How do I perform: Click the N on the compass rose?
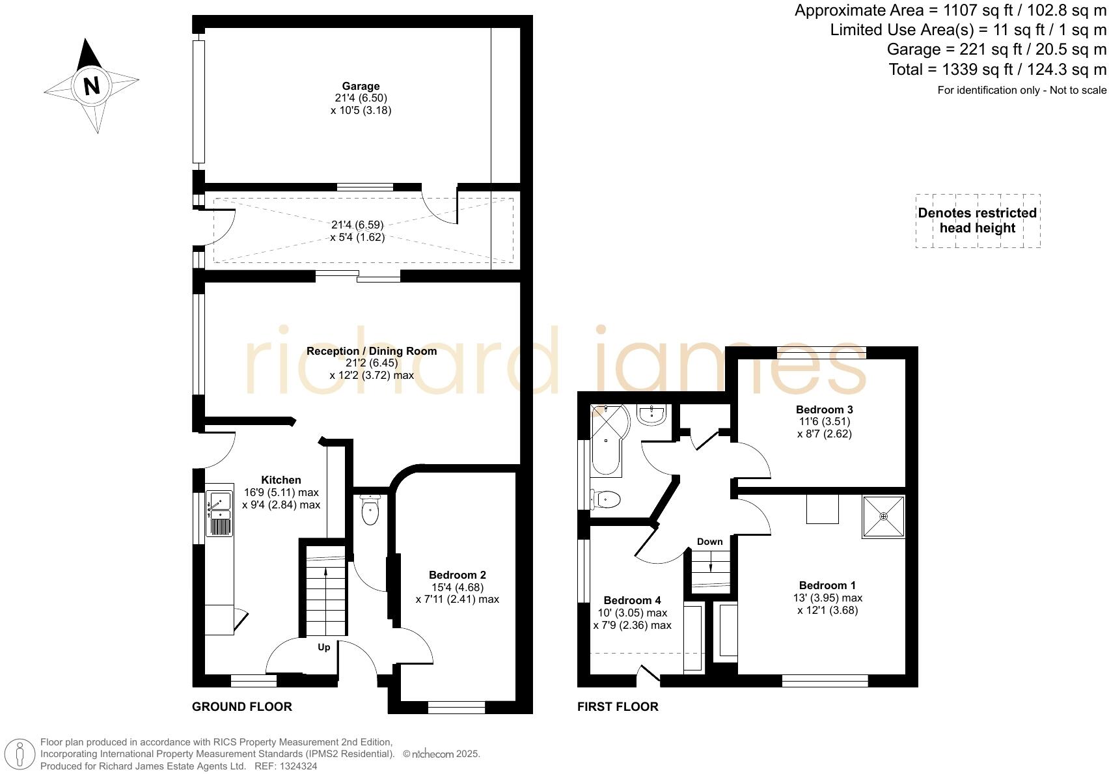(x=92, y=85)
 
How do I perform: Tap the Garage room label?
(x=361, y=86)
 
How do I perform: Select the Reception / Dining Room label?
(x=371, y=351)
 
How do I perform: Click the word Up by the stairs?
(x=323, y=647)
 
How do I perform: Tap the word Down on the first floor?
(x=709, y=542)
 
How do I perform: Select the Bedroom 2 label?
(x=457, y=575)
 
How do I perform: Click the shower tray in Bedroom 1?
(x=883, y=517)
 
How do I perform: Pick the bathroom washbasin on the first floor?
(x=651, y=415)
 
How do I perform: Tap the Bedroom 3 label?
(x=824, y=409)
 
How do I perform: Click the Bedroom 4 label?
(x=632, y=600)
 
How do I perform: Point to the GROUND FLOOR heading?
(x=241, y=706)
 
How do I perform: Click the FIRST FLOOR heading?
(x=617, y=706)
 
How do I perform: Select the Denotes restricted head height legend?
(x=977, y=221)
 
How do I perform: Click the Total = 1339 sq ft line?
(x=997, y=70)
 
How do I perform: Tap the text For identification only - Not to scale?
(x=1021, y=90)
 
